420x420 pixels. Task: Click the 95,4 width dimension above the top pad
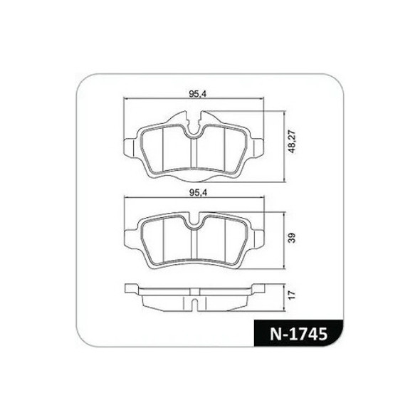click(x=193, y=93)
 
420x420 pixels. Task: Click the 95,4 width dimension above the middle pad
click(x=193, y=192)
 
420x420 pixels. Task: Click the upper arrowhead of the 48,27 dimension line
click(x=283, y=112)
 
